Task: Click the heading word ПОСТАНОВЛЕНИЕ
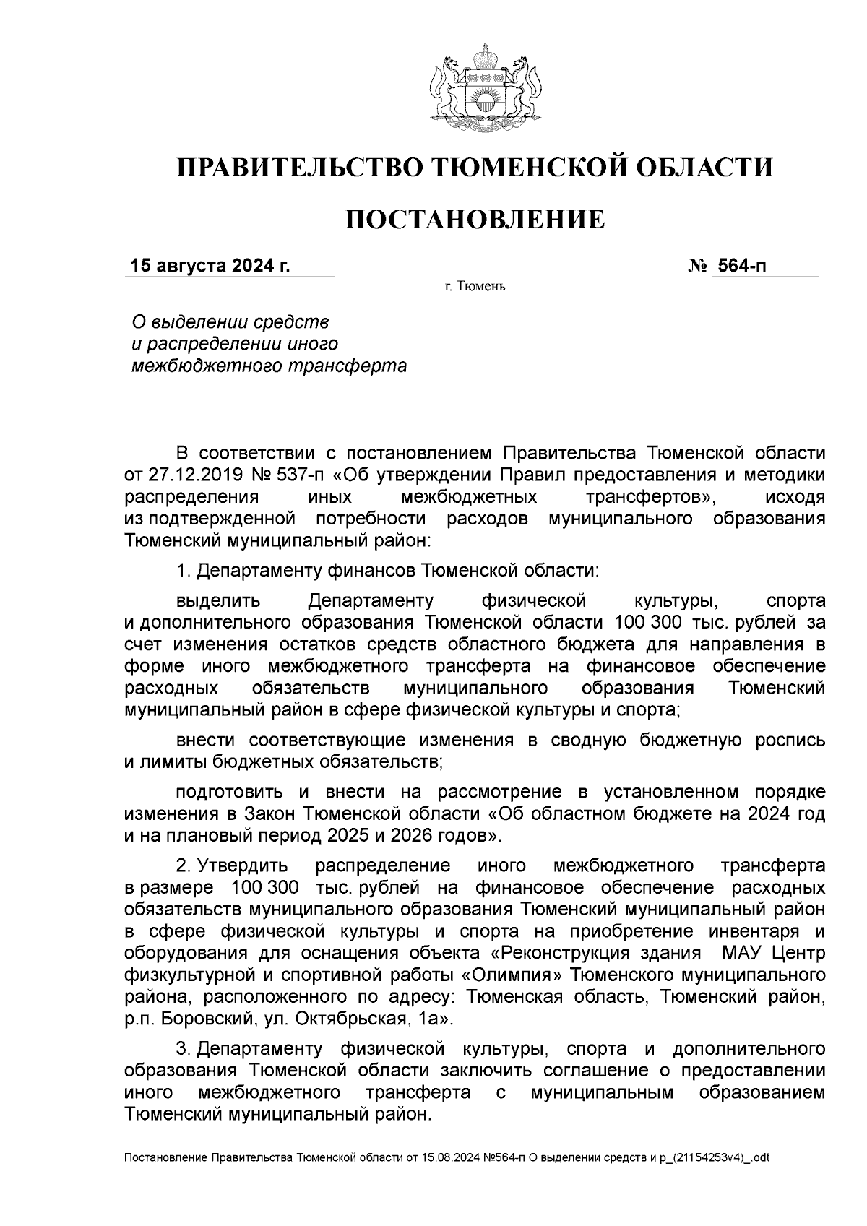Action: pyautogui.click(x=475, y=219)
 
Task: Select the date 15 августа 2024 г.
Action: pyautogui.click(x=209, y=266)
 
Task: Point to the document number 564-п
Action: pyautogui.click(x=740, y=266)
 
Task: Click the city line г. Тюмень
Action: pyautogui.click(x=475, y=288)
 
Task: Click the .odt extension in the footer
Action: pyautogui.click(x=759, y=1158)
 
